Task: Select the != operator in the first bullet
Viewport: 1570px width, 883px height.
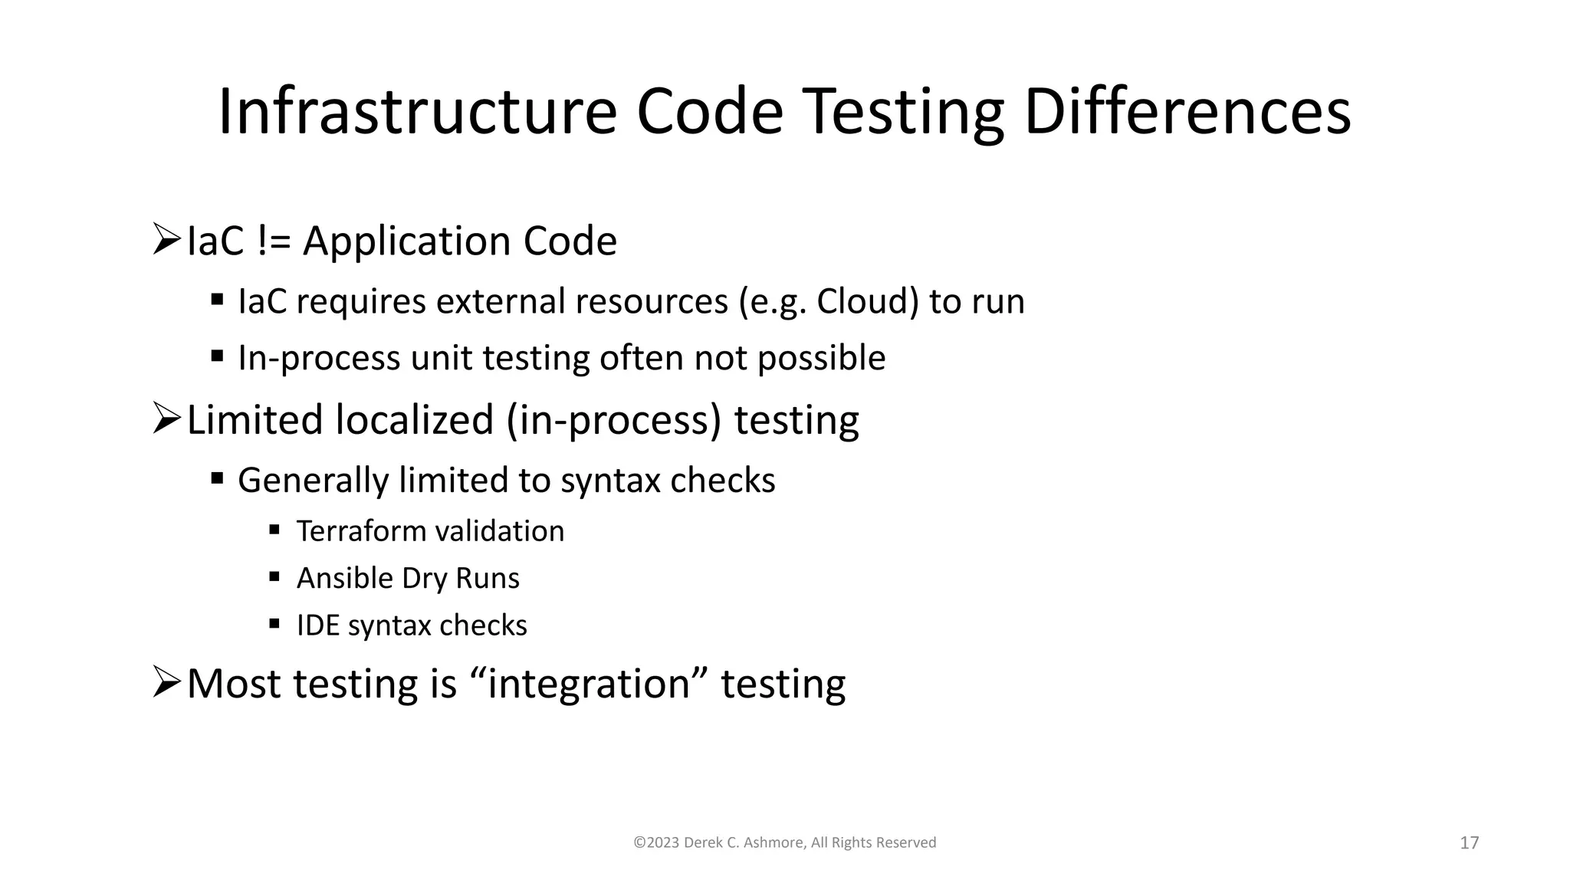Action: pyautogui.click(x=274, y=241)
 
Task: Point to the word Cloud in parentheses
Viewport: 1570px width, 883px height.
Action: pyautogui.click(x=861, y=301)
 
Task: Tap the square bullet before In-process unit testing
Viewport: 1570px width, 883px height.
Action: pyautogui.click(x=217, y=356)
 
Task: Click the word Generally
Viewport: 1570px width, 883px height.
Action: pyautogui.click(x=314, y=481)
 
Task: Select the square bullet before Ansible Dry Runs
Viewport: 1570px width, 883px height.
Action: pyautogui.click(x=274, y=576)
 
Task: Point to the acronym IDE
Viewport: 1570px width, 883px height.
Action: pyautogui.click(x=317, y=625)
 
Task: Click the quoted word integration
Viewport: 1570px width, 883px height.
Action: pyautogui.click(x=589, y=684)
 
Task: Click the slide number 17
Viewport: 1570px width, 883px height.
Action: pyautogui.click(x=1469, y=843)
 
